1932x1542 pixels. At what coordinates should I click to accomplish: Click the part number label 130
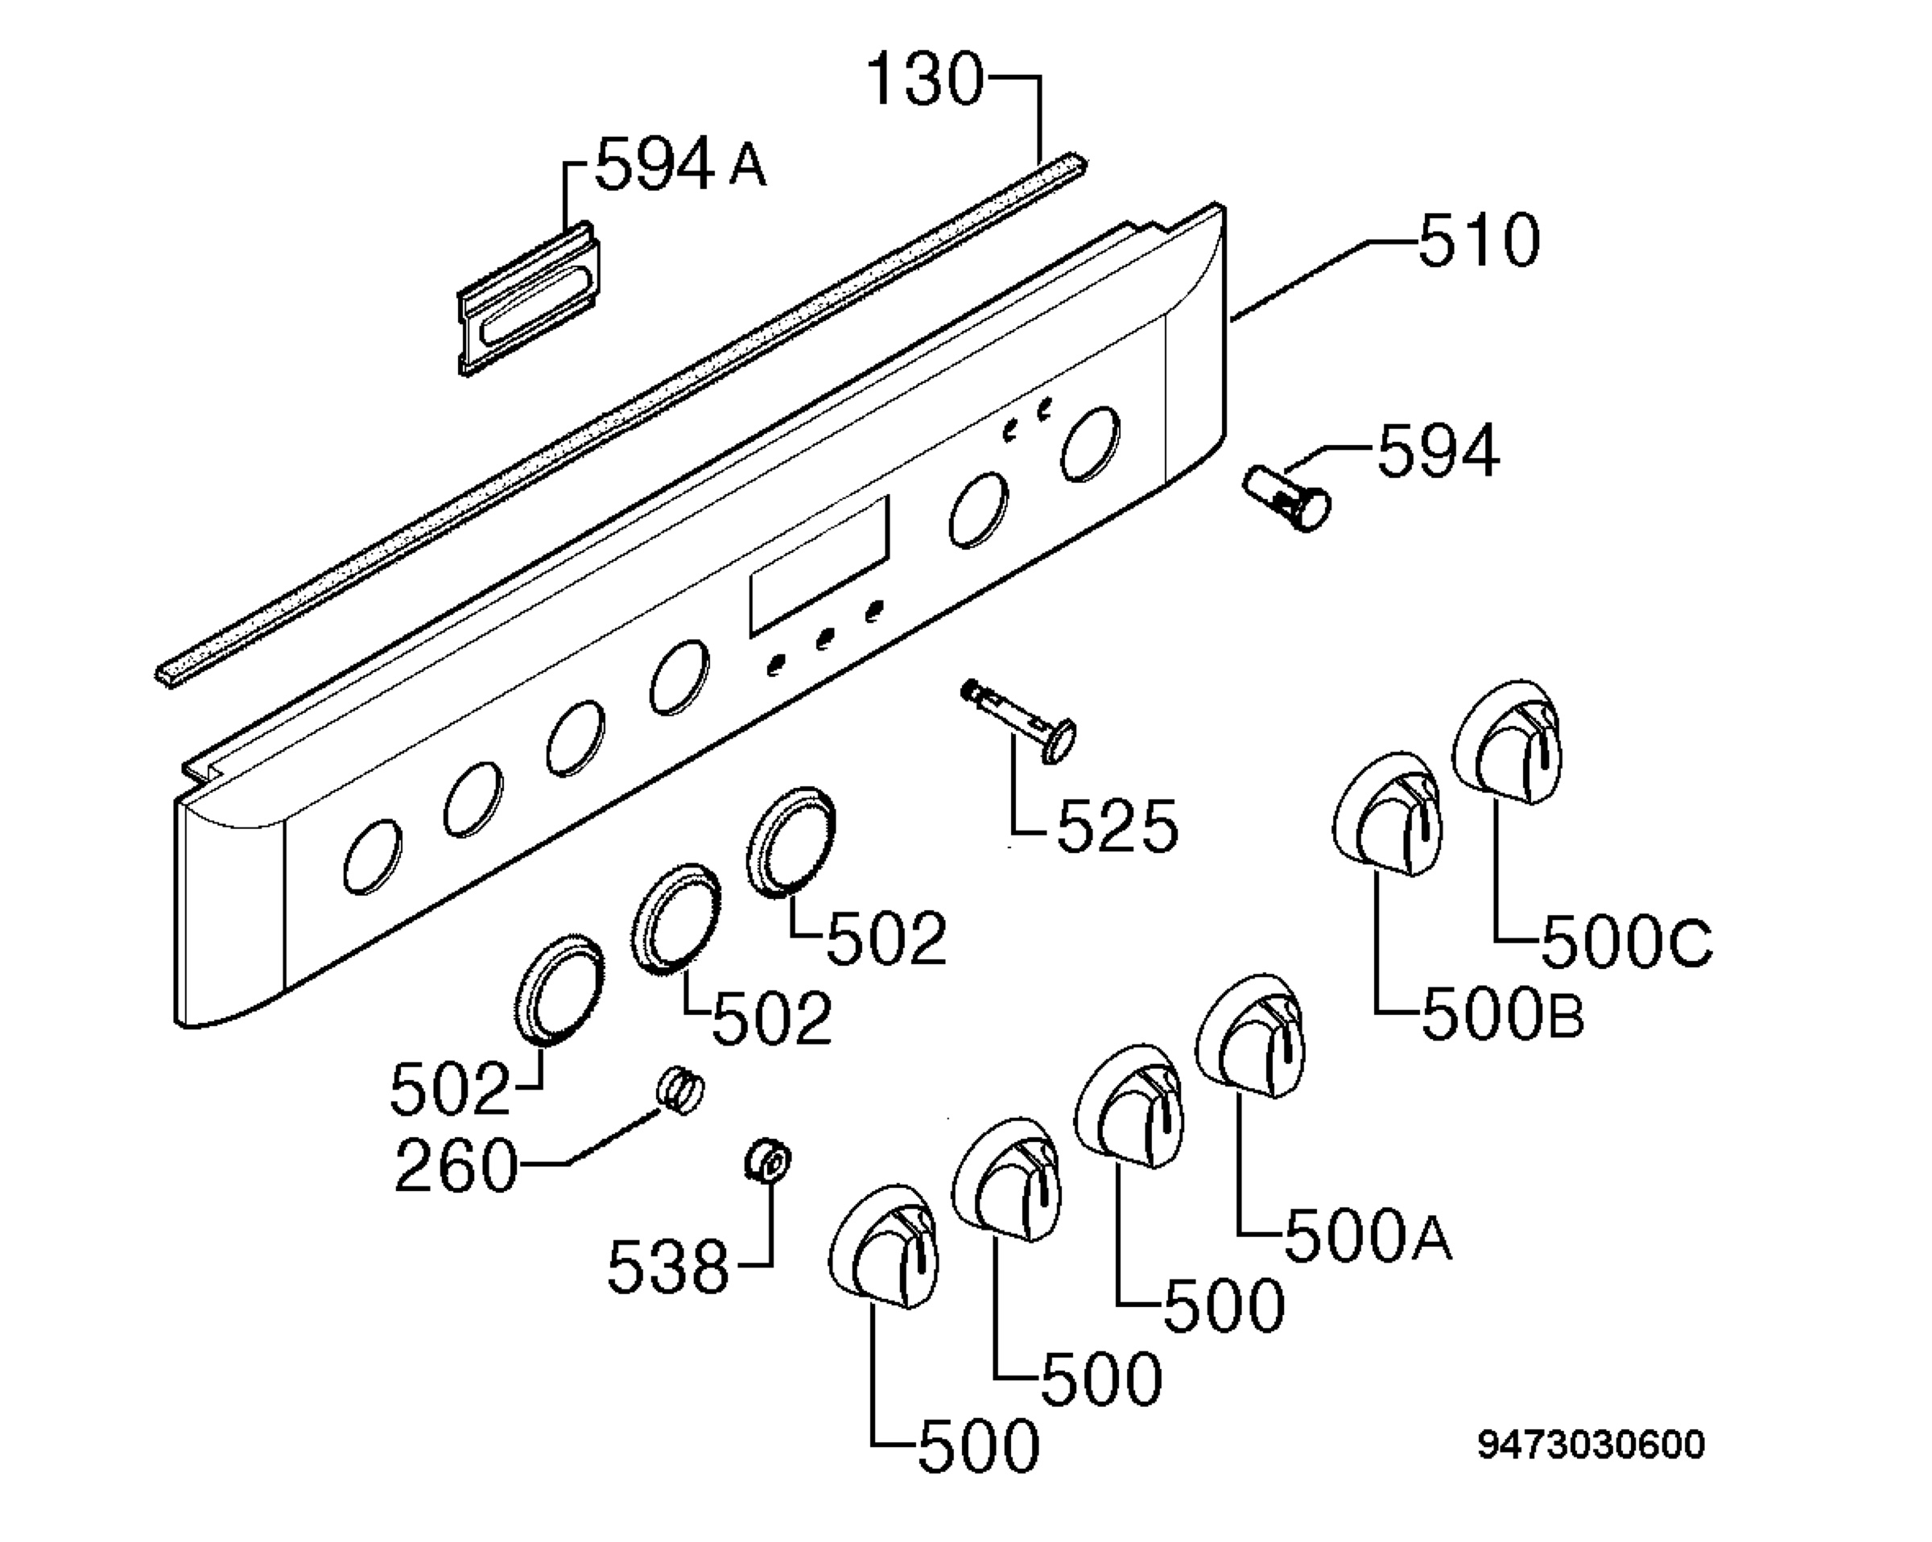click(926, 80)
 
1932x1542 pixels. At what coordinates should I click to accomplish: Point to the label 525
click(1117, 825)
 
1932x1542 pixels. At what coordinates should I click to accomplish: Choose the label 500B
click(1504, 1014)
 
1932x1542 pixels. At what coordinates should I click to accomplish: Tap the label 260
click(456, 1165)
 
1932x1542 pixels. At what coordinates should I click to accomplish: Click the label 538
click(667, 1267)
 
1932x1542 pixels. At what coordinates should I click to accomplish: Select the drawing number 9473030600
click(1591, 1445)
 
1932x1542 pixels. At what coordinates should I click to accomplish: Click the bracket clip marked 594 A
click(529, 299)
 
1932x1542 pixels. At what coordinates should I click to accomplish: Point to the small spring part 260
click(681, 1091)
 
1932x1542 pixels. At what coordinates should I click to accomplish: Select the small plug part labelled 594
click(1286, 498)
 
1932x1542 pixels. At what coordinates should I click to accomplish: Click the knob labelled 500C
click(1506, 743)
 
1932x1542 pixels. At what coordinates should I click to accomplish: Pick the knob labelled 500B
click(1386, 814)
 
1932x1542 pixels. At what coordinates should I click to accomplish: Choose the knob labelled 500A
click(1250, 1035)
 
